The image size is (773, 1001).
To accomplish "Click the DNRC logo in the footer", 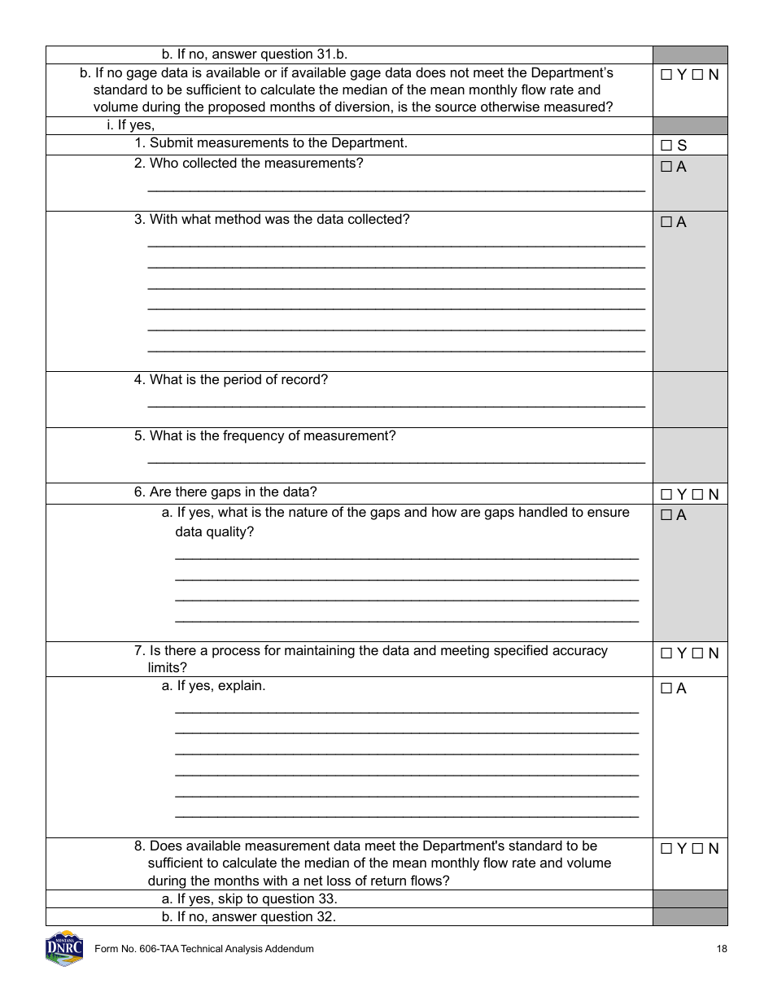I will pos(64,948).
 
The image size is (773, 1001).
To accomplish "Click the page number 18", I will pos(722,949).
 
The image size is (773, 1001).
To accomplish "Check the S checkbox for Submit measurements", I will pos(666,146).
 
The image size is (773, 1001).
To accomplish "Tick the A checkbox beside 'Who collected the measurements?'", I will pos(666,167).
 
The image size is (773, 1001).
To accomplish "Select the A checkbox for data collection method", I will pos(666,222).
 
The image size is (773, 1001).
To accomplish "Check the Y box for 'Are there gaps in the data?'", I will pos(666,495).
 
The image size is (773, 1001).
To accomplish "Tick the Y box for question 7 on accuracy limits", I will pos(666,653).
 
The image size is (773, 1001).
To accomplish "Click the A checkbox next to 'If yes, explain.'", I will pos(666,688).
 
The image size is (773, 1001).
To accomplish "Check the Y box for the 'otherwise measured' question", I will pos(666,75).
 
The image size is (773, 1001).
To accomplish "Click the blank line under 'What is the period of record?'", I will pos(395,404).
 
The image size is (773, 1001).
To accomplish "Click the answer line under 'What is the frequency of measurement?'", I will pos(395,461).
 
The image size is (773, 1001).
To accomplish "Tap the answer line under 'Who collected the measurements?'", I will pos(395,189).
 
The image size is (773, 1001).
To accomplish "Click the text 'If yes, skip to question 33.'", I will pos(249,899).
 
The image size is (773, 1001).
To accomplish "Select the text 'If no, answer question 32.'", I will pos(248,917).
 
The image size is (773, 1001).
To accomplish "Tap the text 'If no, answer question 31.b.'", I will pos(254,55).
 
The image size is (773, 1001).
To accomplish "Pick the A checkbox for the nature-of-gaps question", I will pos(666,515).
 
